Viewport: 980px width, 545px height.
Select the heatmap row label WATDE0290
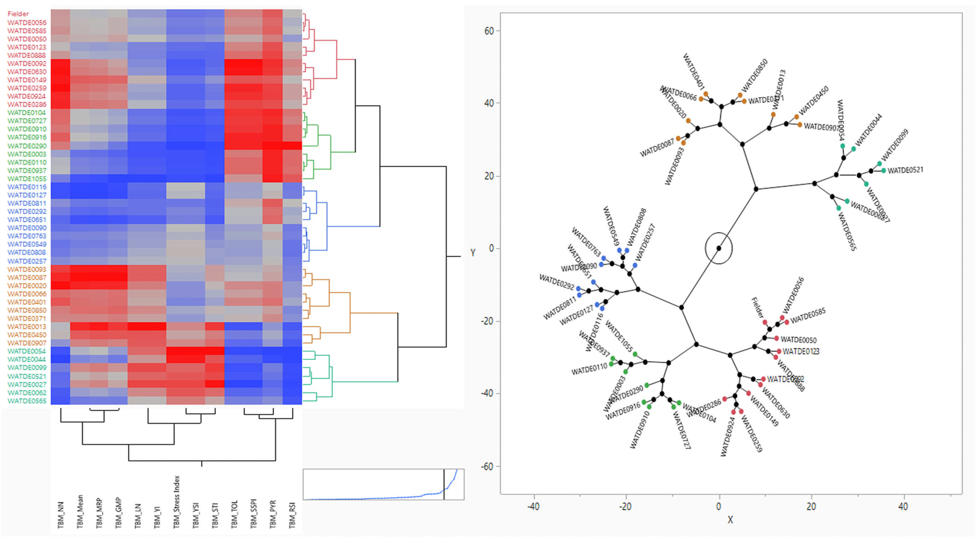[27, 146]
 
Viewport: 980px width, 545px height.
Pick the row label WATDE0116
[27, 187]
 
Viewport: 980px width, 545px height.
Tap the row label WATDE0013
[27, 327]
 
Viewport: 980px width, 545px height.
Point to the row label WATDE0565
[27, 401]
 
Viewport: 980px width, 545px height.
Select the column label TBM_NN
[61, 515]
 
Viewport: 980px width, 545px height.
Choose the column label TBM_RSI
[292, 515]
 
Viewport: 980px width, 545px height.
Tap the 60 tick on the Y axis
[489, 31]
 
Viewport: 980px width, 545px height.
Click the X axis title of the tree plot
[730, 520]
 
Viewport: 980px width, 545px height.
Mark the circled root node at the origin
[719, 248]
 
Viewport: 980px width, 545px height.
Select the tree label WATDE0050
[798, 340]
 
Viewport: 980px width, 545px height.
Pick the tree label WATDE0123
[800, 351]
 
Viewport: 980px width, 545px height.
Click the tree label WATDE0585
[808, 316]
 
